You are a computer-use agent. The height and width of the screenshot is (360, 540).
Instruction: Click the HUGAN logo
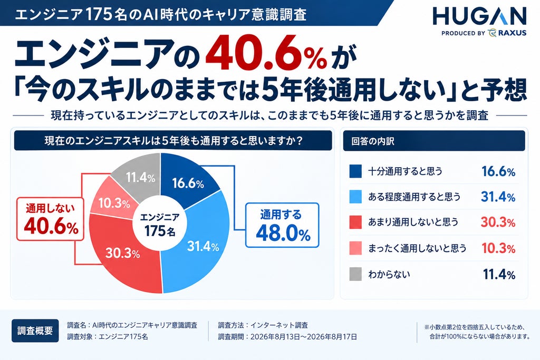(x=479, y=16)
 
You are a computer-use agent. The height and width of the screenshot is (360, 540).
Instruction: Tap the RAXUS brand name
(x=512, y=33)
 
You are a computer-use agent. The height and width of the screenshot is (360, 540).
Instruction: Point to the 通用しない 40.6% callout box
(x=51, y=219)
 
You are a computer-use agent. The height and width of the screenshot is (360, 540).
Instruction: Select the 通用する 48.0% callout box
(x=282, y=226)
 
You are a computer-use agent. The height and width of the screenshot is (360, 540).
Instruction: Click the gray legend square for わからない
(x=355, y=274)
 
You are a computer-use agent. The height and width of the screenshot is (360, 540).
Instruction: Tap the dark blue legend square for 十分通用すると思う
(x=355, y=171)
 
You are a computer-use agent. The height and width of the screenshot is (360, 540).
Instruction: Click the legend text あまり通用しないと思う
(x=413, y=222)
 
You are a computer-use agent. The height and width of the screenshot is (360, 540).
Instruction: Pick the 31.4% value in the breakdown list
(x=498, y=197)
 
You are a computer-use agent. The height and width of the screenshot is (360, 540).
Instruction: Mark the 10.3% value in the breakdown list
(x=498, y=248)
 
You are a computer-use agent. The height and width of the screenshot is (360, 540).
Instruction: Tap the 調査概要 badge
(x=35, y=330)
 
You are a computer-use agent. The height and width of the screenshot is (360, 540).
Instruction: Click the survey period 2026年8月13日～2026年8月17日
(x=303, y=337)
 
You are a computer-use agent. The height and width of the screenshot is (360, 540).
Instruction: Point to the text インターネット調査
(x=279, y=325)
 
